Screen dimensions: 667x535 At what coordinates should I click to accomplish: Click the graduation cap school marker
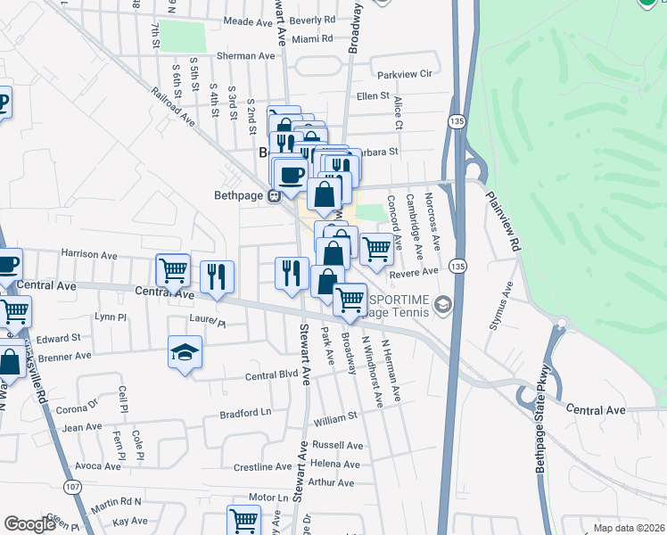pos(185,352)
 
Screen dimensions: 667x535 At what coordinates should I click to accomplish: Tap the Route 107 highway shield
pos(72,485)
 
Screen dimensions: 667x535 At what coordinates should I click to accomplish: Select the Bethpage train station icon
pos(276,197)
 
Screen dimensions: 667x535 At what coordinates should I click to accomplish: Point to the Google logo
pos(29,524)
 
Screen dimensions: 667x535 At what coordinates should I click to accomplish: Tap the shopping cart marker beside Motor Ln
pos(243,521)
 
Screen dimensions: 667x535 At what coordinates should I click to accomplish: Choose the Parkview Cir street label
pos(404,74)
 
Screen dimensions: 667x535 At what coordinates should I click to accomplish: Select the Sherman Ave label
pos(245,55)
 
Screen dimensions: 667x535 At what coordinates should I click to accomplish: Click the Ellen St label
pos(373,95)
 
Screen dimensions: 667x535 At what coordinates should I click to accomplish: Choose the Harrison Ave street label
pos(89,255)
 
